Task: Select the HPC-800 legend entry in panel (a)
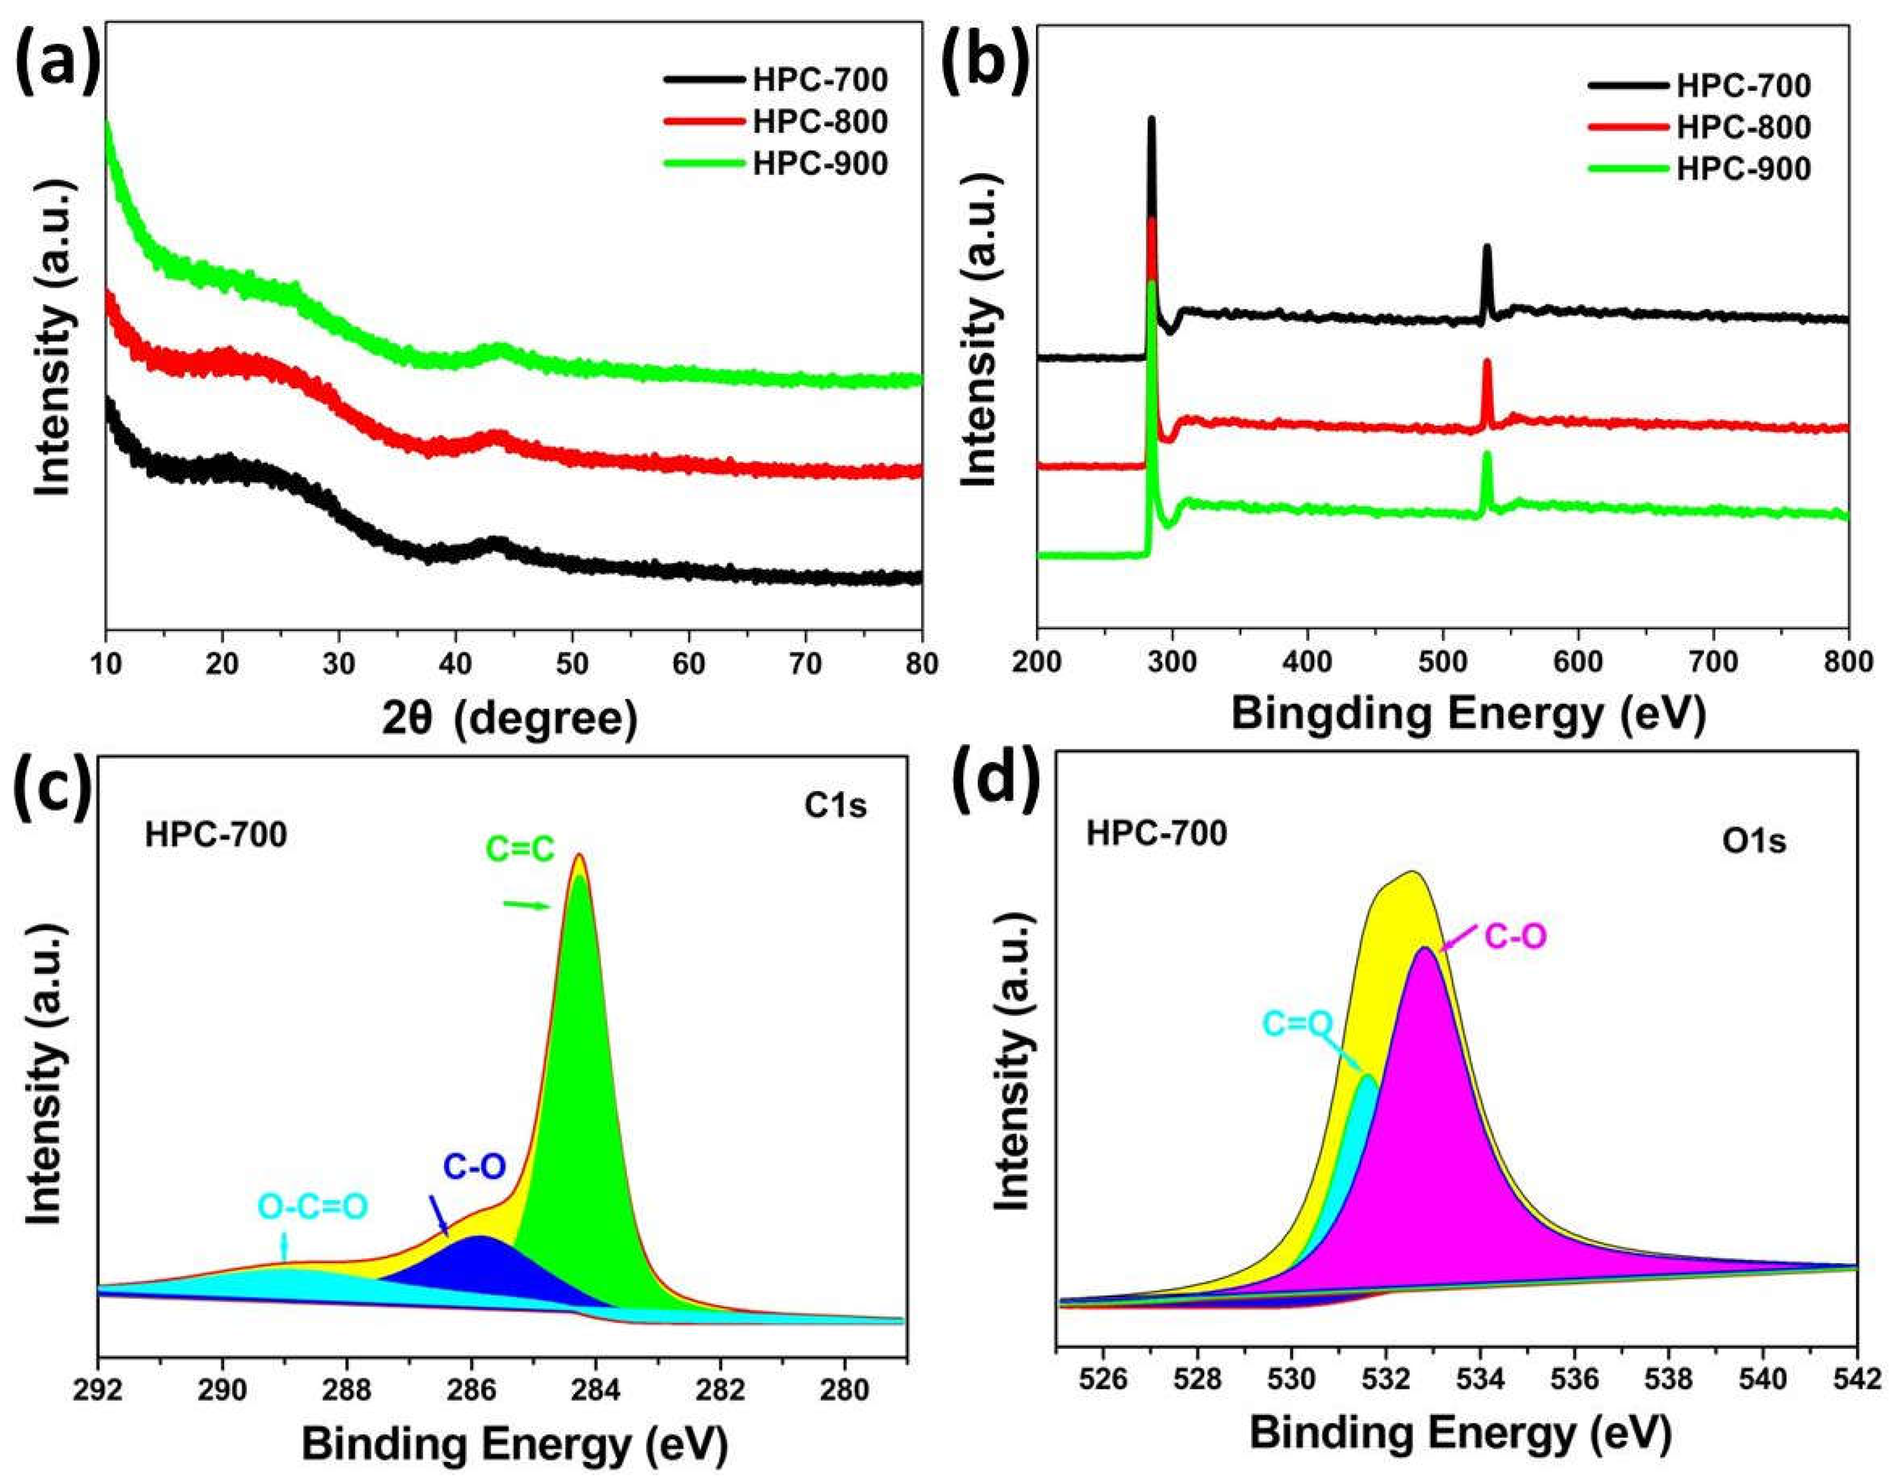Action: pyautogui.click(x=820, y=122)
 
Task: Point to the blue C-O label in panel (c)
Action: pyautogui.click(x=474, y=1166)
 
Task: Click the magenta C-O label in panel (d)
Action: pyautogui.click(x=1515, y=937)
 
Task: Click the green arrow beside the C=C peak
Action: pyautogui.click(x=526, y=905)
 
